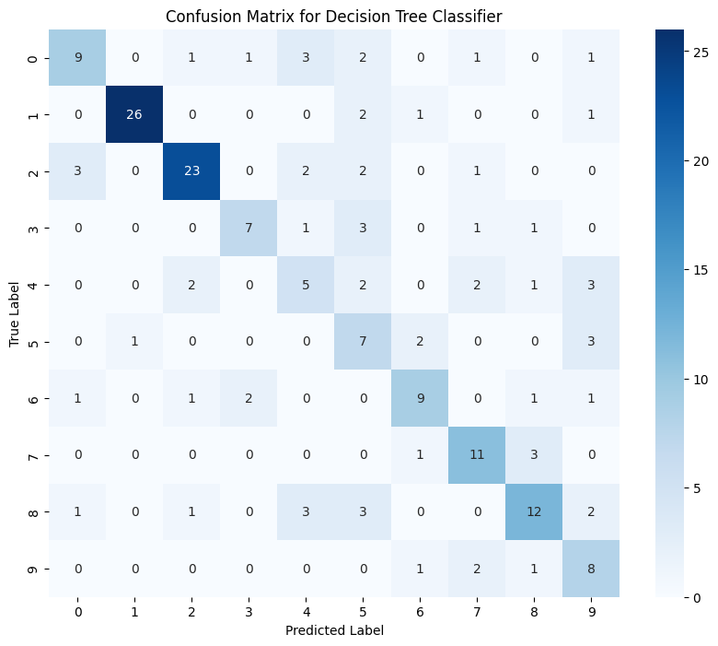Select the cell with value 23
click(x=191, y=172)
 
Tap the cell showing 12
click(x=535, y=514)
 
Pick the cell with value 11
click(x=478, y=457)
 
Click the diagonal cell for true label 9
click(x=592, y=571)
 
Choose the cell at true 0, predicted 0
click(x=77, y=58)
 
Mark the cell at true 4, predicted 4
click(x=306, y=287)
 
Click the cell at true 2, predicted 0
click(x=77, y=172)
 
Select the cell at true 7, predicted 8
click(x=535, y=457)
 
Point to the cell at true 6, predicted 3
click(x=249, y=400)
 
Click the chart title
click(x=333, y=17)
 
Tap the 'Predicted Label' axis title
click(x=334, y=631)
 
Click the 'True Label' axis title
click(x=16, y=315)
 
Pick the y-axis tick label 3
click(x=32, y=229)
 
